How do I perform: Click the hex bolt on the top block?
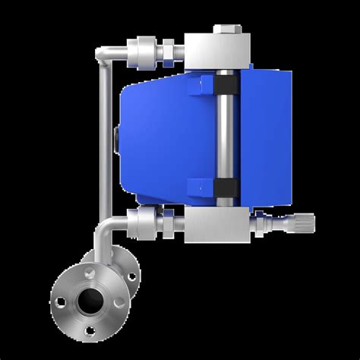pos(227,30)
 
